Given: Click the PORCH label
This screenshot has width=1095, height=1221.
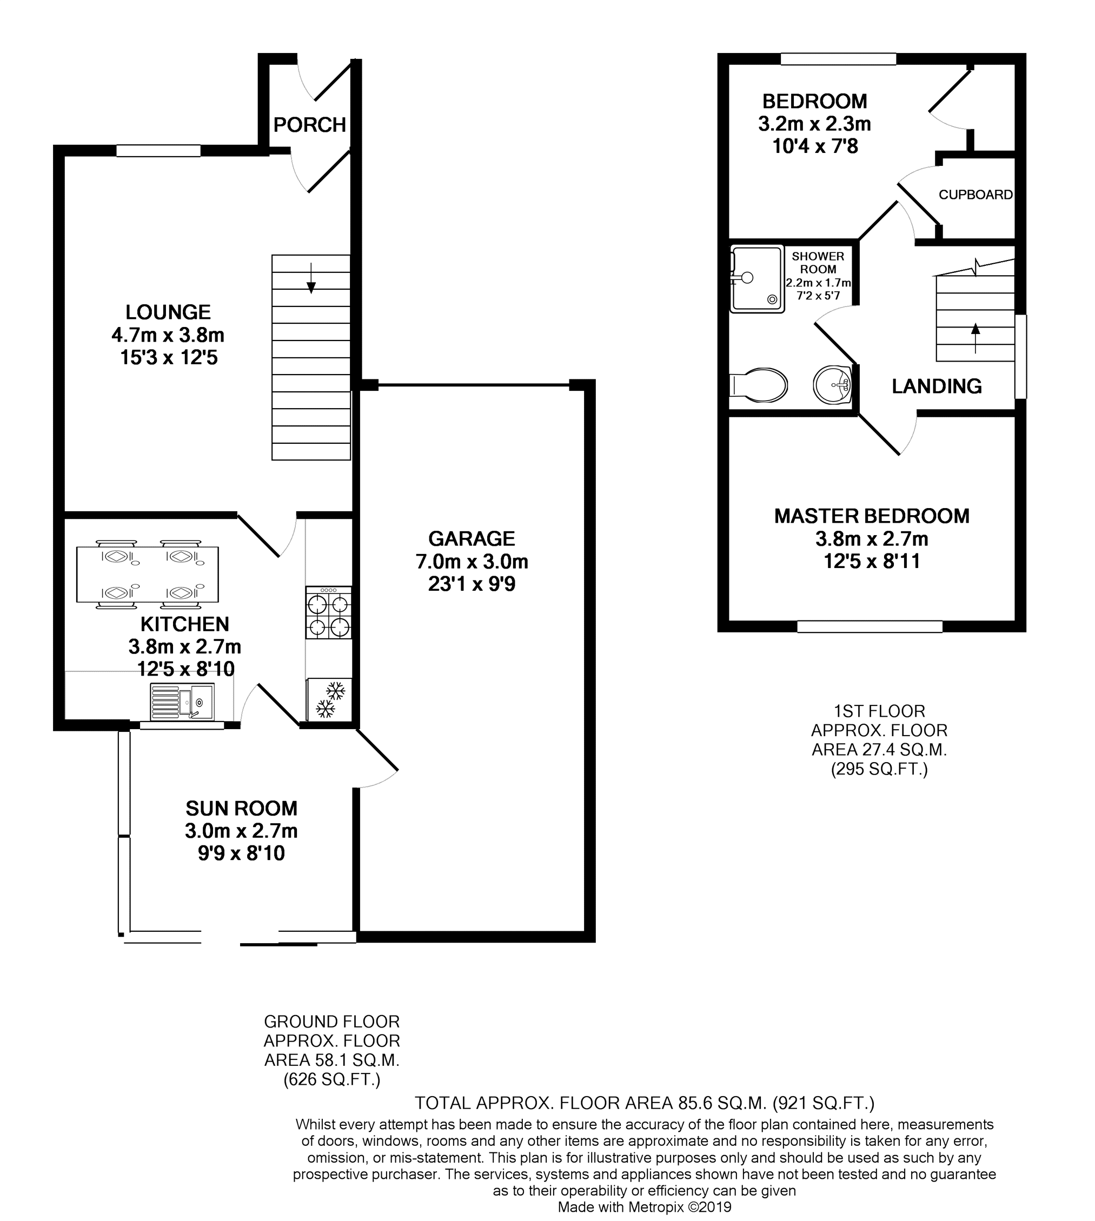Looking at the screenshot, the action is coord(310,124).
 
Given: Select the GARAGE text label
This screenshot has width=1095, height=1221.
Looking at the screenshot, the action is coord(472,538).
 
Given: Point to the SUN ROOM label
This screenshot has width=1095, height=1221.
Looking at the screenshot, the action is coord(241,809).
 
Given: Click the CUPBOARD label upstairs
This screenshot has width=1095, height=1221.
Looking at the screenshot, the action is coord(976,195).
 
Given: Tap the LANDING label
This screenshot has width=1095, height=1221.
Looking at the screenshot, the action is coord(937,386).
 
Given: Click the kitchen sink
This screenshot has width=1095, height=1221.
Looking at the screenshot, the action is coord(182,702).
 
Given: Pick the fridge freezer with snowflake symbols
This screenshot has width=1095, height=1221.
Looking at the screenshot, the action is coord(329,700).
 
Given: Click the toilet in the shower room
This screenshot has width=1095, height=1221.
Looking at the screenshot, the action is coord(758,385).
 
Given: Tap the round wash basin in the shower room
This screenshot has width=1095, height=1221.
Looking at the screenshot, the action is coord(833,384).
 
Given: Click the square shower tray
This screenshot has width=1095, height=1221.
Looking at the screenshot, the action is coord(757,278).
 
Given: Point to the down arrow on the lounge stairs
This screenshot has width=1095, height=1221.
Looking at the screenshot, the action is coord(311,278).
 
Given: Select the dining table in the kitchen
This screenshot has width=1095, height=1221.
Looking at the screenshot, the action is coord(148,575).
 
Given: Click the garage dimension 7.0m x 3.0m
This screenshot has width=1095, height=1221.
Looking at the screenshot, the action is coord(472,562).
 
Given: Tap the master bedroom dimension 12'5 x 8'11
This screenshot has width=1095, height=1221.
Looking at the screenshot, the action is coord(872,562).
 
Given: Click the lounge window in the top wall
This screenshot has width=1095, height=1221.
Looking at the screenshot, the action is coord(158,150).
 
